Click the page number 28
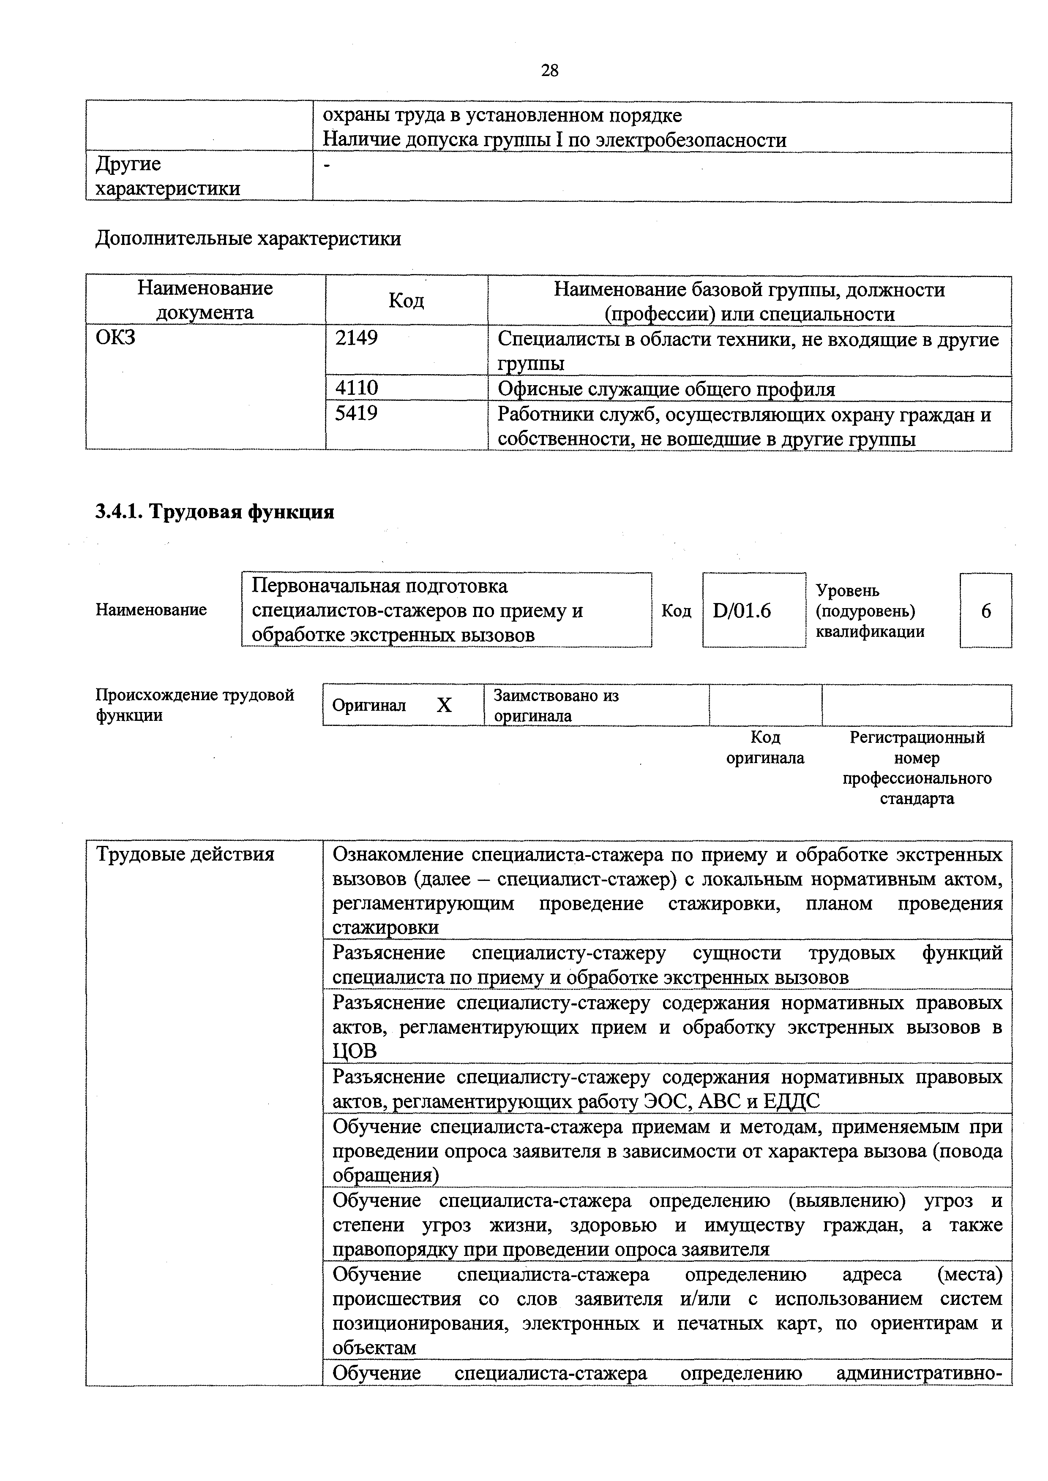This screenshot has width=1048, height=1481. (549, 70)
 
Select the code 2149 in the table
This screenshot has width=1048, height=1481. (356, 337)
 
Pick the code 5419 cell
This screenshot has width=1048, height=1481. (356, 413)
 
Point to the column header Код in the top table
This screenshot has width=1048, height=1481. (406, 301)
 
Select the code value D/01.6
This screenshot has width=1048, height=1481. (742, 610)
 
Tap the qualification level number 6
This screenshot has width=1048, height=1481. (985, 610)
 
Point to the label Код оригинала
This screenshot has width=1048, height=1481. (765, 747)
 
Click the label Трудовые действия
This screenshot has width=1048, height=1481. (185, 855)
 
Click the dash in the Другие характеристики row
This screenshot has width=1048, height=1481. (327, 166)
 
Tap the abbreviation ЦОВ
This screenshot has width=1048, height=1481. (354, 1051)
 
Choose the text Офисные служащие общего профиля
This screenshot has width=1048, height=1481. (666, 389)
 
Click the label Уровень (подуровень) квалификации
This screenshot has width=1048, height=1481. (869, 610)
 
